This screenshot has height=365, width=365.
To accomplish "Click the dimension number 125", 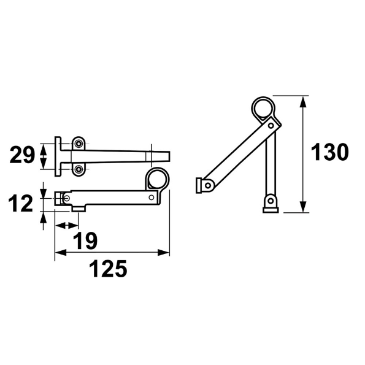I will click(109, 268).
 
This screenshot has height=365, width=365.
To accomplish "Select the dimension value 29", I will click(22, 156).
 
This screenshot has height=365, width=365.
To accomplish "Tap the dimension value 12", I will click(22, 203).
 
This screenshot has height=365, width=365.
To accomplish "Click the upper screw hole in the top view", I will click(79, 144).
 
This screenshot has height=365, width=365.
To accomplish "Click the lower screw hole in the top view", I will click(79, 169).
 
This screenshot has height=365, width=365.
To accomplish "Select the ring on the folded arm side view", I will click(157, 179).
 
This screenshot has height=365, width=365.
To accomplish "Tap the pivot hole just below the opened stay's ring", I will click(271, 126).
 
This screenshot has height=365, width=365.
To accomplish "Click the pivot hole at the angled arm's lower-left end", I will click(208, 185).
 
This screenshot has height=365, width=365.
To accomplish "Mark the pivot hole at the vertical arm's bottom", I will click(270, 200).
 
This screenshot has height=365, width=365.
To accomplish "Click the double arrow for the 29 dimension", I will click(44, 156).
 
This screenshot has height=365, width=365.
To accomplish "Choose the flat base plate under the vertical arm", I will click(270, 210).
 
